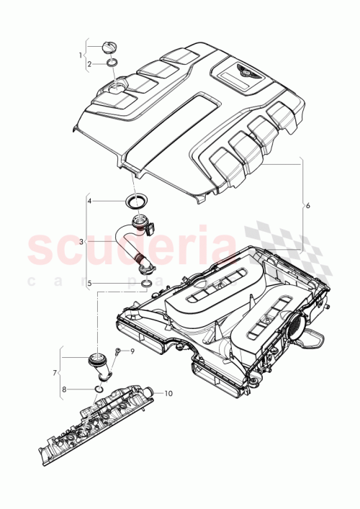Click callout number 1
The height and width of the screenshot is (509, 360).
pyautogui.click(x=81, y=55)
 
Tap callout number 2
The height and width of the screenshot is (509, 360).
pyautogui.click(x=89, y=64)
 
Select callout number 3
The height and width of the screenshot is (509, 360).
pyautogui.click(x=81, y=243)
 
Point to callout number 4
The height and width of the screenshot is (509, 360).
pyautogui.click(x=89, y=202)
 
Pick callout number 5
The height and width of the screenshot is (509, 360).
pyautogui.click(x=89, y=284)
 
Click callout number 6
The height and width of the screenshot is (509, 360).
pyautogui.click(x=308, y=206)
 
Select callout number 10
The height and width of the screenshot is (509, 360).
pyautogui.click(x=168, y=393)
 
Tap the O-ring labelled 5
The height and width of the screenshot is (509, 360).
pyautogui.click(x=146, y=284)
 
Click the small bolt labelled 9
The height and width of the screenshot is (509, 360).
pyautogui.click(x=117, y=352)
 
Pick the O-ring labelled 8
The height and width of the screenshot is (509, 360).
pyautogui.click(x=99, y=389)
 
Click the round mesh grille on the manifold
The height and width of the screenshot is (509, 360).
pyautogui.click(x=297, y=325)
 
